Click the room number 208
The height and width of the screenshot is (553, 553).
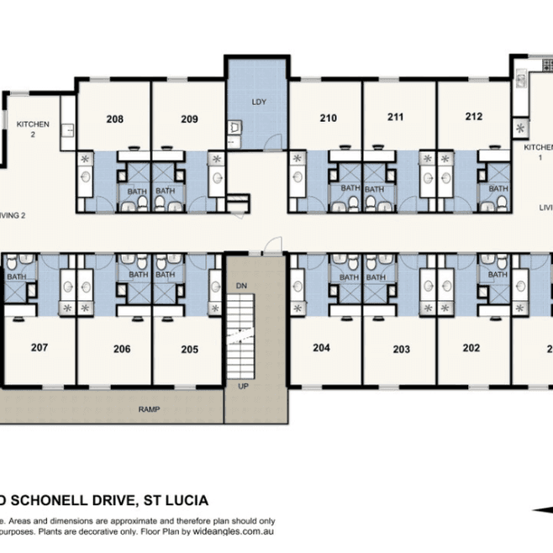[x=114, y=118]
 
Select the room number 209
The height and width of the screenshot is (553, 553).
[x=189, y=118]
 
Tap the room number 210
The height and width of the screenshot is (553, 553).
[x=328, y=118]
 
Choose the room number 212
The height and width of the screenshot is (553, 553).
[x=473, y=118]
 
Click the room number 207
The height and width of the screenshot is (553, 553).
[x=39, y=347]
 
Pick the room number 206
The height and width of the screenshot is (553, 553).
[x=122, y=348]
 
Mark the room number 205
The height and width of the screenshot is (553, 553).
[x=189, y=348]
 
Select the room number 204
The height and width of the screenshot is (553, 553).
[x=320, y=348]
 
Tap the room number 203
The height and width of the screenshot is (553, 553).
[x=401, y=348]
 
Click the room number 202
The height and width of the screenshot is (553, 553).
[x=471, y=348]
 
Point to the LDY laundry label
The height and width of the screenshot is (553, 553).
[x=258, y=102]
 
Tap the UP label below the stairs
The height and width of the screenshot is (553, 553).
[x=242, y=387]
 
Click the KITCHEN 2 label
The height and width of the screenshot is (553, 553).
[x=33, y=129]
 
